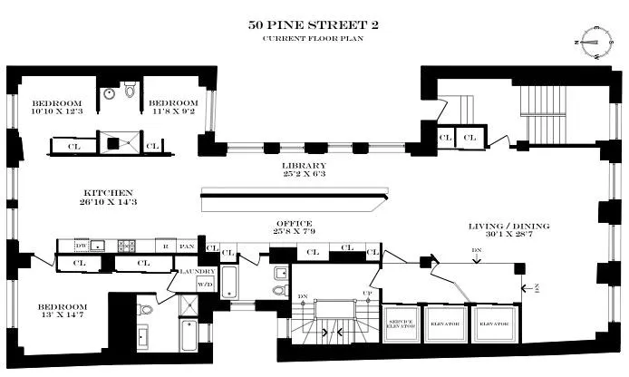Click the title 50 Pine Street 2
tap(314, 24)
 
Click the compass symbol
tap(593, 40)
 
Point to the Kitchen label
tap(108, 192)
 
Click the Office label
tap(295, 223)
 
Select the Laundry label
tap(198, 270)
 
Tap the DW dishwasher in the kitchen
tap(81, 246)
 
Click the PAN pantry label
tap(188, 246)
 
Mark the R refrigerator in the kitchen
tap(165, 246)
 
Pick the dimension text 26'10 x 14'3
tap(108, 202)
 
